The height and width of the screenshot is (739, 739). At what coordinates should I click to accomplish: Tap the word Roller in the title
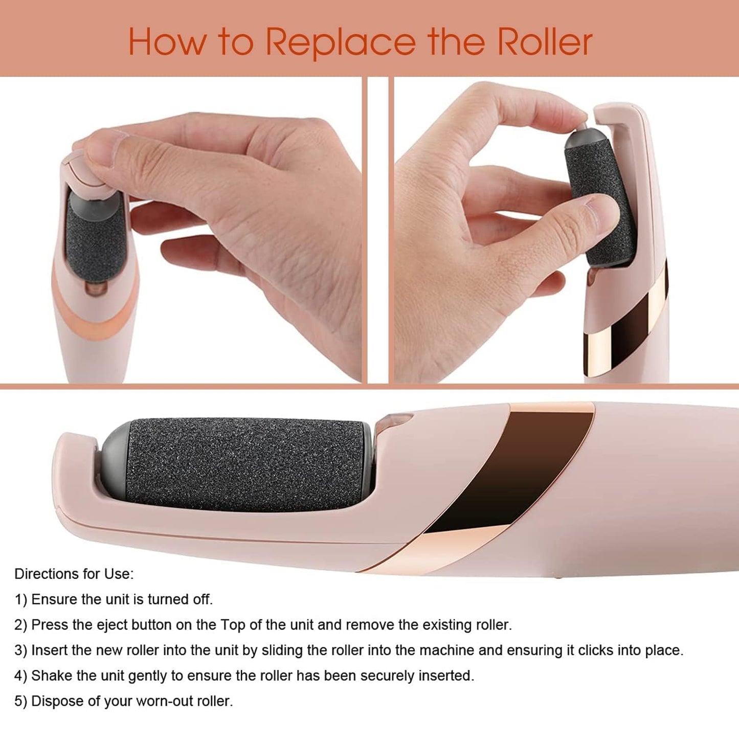[545, 42]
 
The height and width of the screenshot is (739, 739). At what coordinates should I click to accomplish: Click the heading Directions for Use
[74, 574]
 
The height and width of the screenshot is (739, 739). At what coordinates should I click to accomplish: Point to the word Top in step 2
[233, 625]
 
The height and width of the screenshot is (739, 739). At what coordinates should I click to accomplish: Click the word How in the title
[166, 42]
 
